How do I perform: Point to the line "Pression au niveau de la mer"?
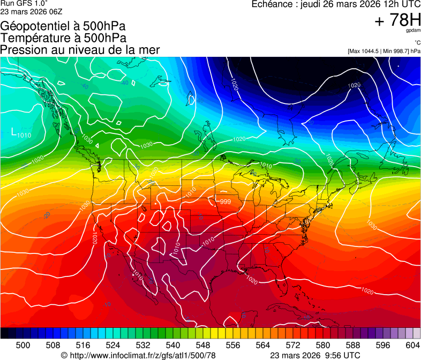click(80, 50)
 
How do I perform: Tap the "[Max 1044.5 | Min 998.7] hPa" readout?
click(384, 51)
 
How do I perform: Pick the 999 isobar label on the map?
click(225, 201)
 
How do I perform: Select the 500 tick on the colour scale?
click(23, 346)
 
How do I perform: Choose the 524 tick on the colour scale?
click(113, 346)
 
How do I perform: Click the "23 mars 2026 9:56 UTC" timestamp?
click(315, 355)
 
